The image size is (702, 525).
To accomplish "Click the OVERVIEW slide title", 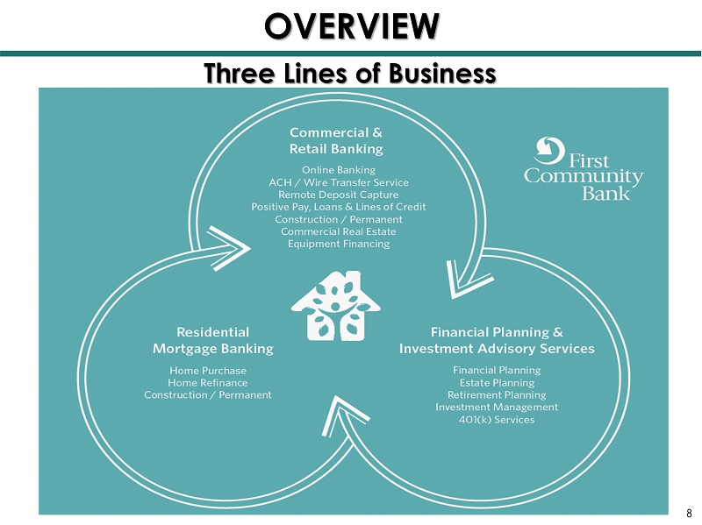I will coord(351,25).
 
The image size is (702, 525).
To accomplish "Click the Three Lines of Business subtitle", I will coord(350,72).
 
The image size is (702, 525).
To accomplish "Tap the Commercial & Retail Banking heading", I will coord(337,141).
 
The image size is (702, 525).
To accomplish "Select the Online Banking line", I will coord(339,169).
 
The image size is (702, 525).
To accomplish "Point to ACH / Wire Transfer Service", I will coord(339,181).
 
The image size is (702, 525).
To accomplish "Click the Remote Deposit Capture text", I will coord(339,194).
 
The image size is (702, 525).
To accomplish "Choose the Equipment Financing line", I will coord(339,244).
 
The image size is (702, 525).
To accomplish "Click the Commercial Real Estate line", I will coord(339,231).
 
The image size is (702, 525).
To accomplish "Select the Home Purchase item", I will coord(208,371).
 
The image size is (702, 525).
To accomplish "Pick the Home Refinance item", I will coord(208,383).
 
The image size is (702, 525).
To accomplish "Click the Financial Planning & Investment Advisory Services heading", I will coord(497,340).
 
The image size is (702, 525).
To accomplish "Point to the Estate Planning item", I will coord(497,383).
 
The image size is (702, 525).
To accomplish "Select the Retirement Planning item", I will coord(497,395).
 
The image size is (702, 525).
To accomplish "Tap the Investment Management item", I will coord(497,408).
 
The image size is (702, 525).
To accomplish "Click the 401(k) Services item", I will coord(497,420).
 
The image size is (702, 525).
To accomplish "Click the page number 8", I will coord(690,514).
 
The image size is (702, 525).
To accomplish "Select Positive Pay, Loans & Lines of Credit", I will coord(339,207).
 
